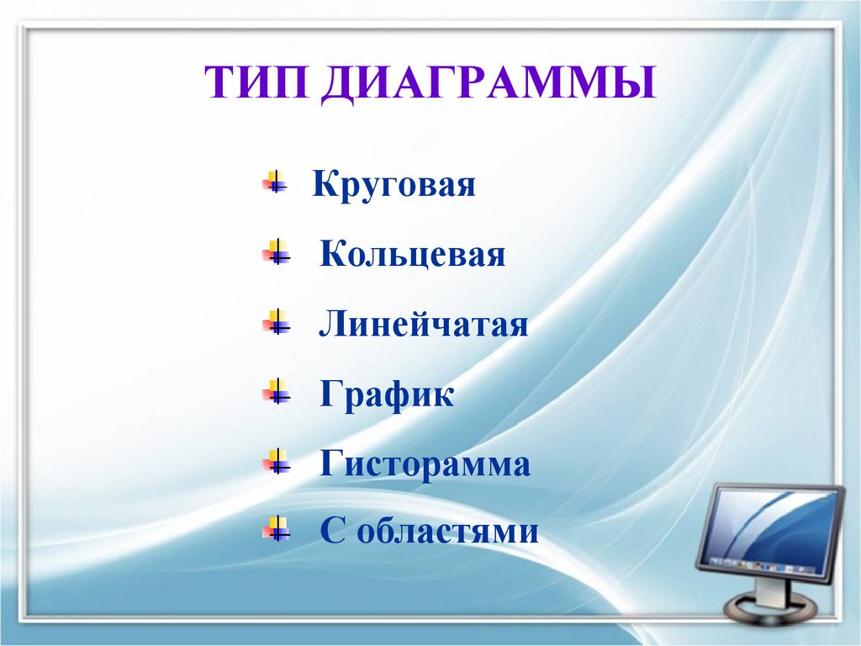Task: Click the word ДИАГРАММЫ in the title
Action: click(x=488, y=86)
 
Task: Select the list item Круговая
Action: click(x=394, y=185)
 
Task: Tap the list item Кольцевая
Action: click(x=412, y=255)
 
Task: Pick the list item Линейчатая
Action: click(x=424, y=325)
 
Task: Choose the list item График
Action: click(x=387, y=394)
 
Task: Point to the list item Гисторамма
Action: click(x=425, y=464)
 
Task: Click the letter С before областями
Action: click(x=330, y=532)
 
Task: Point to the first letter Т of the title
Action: click(x=218, y=86)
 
